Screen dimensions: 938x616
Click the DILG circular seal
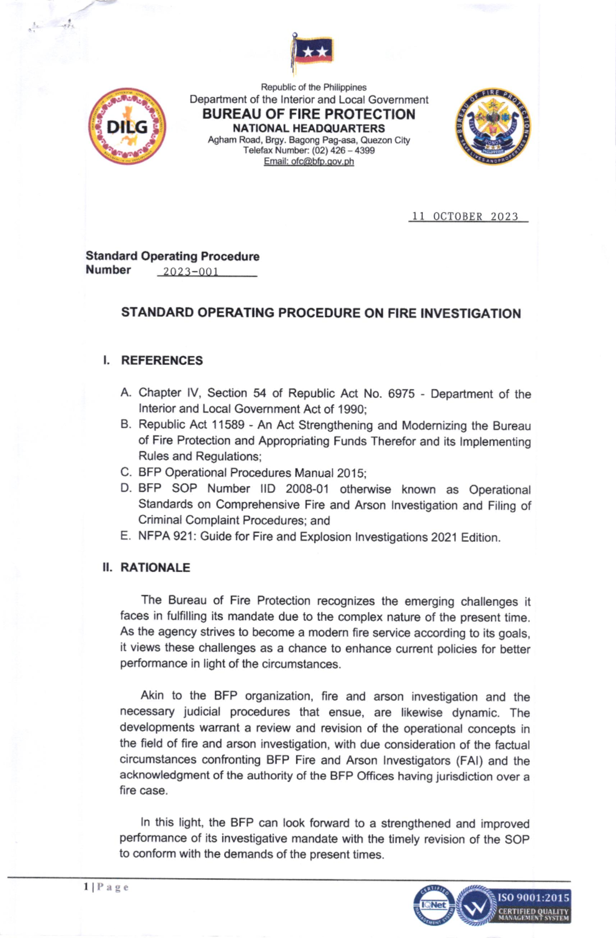[x=127, y=126]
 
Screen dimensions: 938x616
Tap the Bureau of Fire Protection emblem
[x=493, y=127]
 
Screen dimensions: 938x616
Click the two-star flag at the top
[x=313, y=52]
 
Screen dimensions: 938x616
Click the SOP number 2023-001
[x=191, y=271]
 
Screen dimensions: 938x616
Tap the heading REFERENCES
[x=162, y=360]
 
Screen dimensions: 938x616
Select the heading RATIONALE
[x=155, y=567]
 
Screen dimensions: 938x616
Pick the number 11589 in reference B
[x=228, y=425]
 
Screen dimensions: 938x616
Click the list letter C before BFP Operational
[x=126, y=472]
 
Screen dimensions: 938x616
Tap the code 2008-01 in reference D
[x=307, y=489]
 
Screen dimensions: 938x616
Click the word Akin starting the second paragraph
[x=152, y=696]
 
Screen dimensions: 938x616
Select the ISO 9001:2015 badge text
[x=533, y=898]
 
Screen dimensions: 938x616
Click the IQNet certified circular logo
[x=434, y=905]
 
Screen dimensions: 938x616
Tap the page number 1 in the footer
[x=86, y=887]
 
